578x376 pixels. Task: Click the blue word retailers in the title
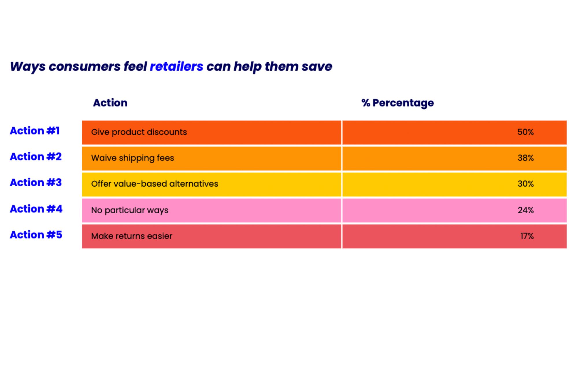(x=177, y=67)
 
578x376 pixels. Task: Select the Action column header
(x=110, y=103)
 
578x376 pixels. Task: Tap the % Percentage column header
(x=398, y=103)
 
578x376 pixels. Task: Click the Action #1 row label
(x=35, y=131)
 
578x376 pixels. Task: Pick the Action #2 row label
(x=36, y=156)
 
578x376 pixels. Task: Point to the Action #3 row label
(x=36, y=183)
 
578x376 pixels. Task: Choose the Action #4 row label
(x=36, y=209)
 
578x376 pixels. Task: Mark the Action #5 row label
(x=36, y=235)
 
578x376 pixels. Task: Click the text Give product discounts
(x=139, y=132)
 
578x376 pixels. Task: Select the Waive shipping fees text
(x=133, y=158)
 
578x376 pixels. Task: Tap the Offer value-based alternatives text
(x=155, y=184)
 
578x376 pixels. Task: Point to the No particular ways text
(x=130, y=210)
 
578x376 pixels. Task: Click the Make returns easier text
(x=132, y=236)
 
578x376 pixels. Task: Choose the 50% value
(x=525, y=132)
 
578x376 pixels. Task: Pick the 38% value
(x=526, y=158)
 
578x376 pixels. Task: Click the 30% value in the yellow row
(x=526, y=184)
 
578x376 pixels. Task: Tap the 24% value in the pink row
(x=526, y=210)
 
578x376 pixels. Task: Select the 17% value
(x=527, y=236)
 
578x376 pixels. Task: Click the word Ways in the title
(x=28, y=67)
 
